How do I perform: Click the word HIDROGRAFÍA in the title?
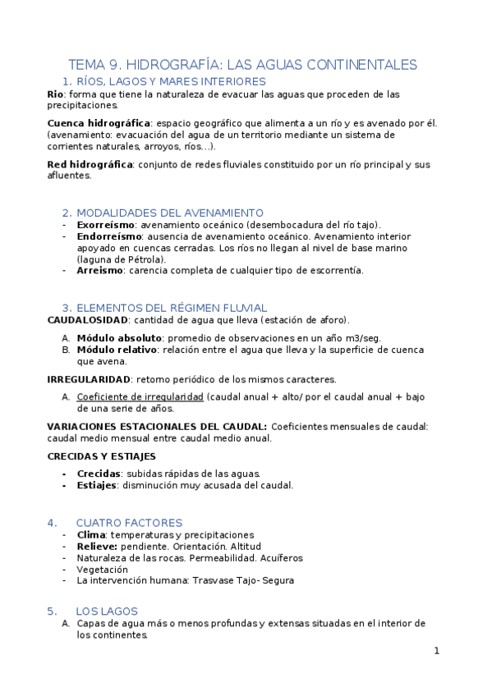click(171, 64)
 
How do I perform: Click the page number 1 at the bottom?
click(437, 651)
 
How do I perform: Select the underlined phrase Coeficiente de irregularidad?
click(140, 396)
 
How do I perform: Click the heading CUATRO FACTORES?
click(129, 523)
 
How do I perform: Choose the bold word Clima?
click(91, 535)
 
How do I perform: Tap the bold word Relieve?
click(97, 547)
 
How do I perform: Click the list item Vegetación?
click(103, 570)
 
